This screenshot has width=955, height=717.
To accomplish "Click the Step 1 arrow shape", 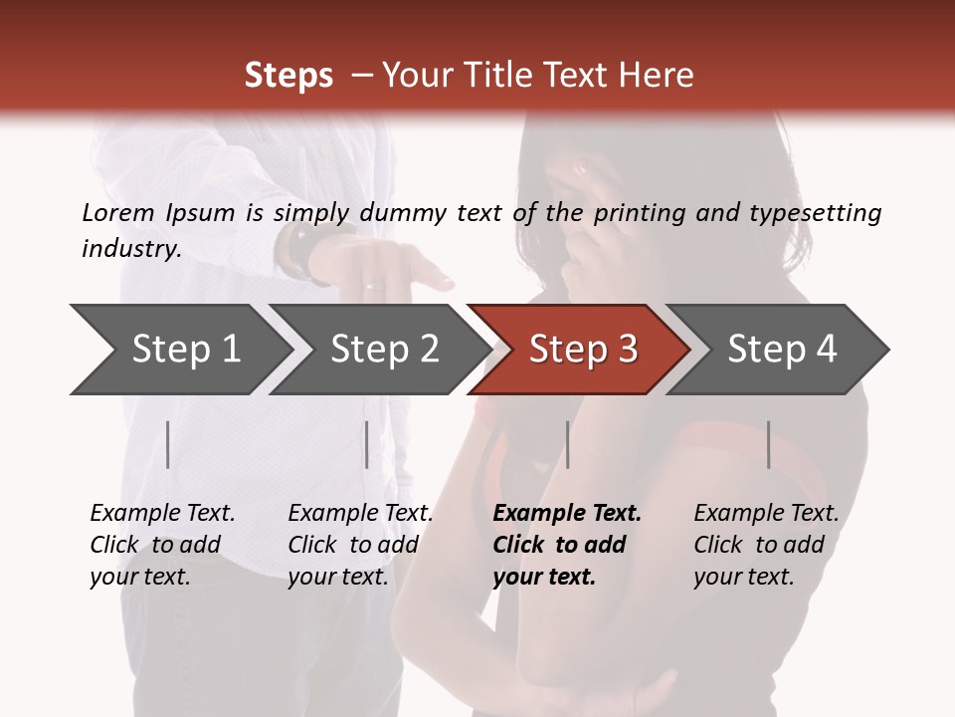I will tap(179, 350).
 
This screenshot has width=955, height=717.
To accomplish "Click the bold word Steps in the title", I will tap(288, 76).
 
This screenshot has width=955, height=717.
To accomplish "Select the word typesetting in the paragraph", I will tap(821, 212).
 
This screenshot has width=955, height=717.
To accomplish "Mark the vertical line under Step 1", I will tap(168, 444).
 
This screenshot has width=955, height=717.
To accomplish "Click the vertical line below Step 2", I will tap(367, 444).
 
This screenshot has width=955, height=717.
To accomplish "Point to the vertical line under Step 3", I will tap(568, 444).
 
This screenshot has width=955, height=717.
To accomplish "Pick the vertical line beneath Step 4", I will tap(769, 444).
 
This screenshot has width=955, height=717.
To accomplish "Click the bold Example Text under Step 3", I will tap(567, 513).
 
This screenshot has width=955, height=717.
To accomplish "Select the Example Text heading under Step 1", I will tap(162, 513).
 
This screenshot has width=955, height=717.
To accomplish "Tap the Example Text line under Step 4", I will tap(766, 513).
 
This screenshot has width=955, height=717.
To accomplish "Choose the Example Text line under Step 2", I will tap(360, 513).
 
